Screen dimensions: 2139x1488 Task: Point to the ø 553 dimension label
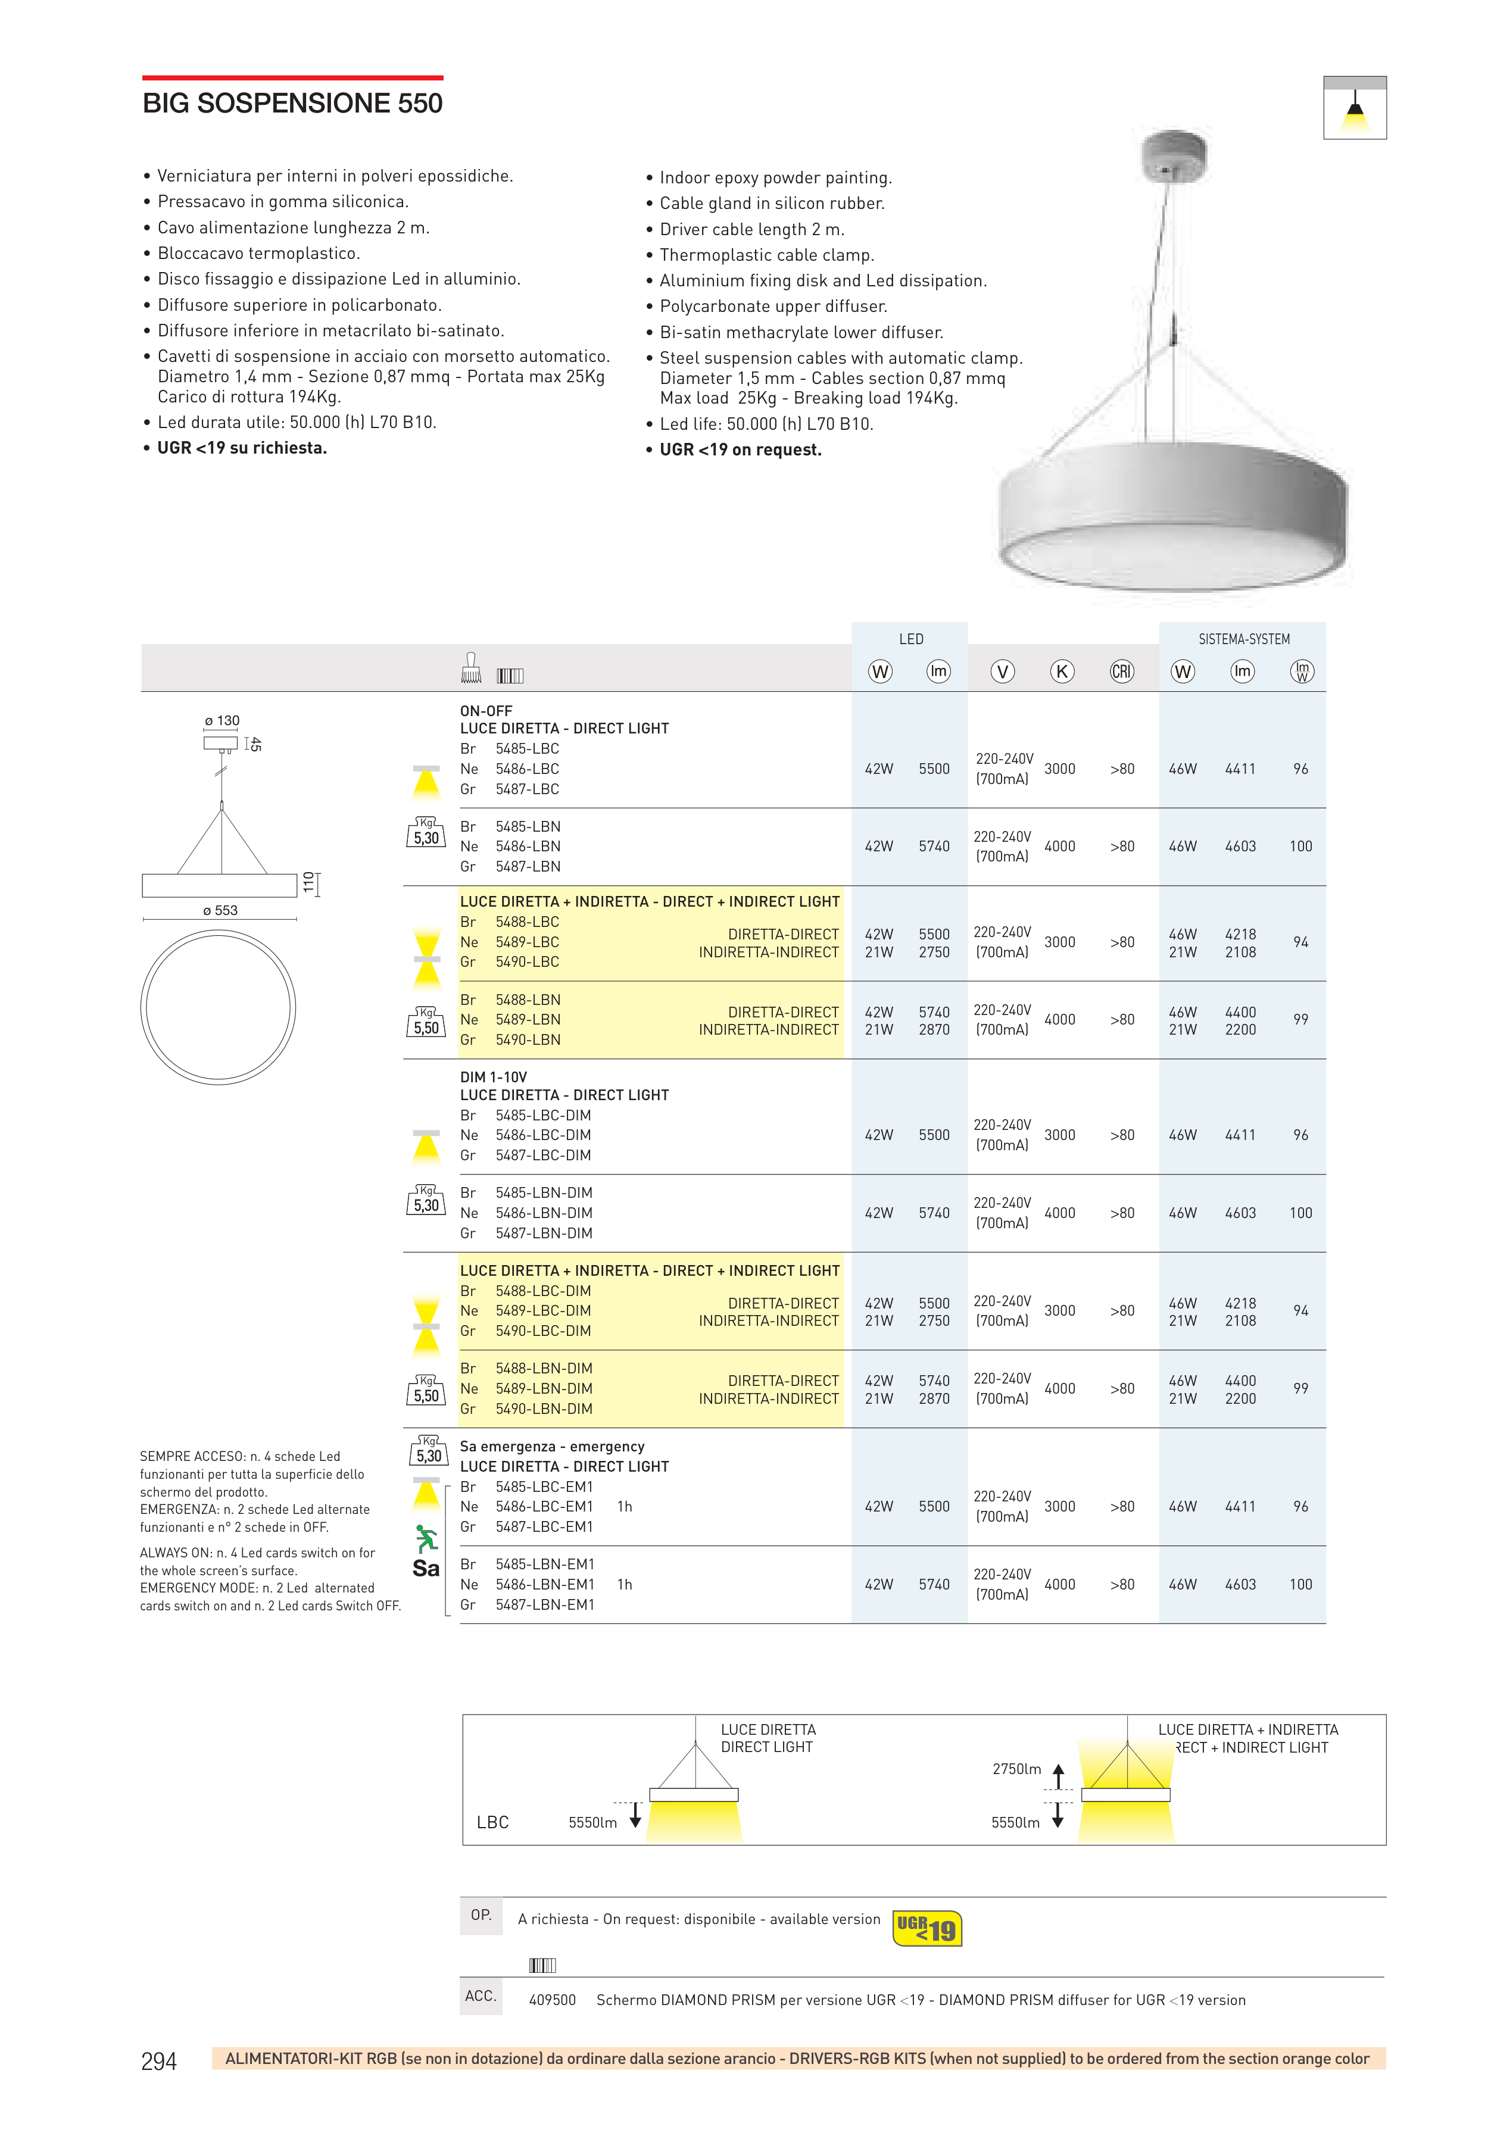[x=220, y=910]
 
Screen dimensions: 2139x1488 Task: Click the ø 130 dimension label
[x=222, y=720]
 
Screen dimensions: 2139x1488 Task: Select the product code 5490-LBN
[x=528, y=1039]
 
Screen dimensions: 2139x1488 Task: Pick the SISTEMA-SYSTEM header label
[x=1243, y=639]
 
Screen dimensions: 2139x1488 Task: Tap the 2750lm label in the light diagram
[x=1016, y=1768]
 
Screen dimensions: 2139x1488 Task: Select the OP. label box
[x=481, y=1915]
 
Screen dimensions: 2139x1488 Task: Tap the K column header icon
[x=1061, y=671]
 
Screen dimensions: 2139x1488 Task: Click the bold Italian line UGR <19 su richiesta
[x=241, y=448]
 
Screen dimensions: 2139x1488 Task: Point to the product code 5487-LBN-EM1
[x=544, y=1604]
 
